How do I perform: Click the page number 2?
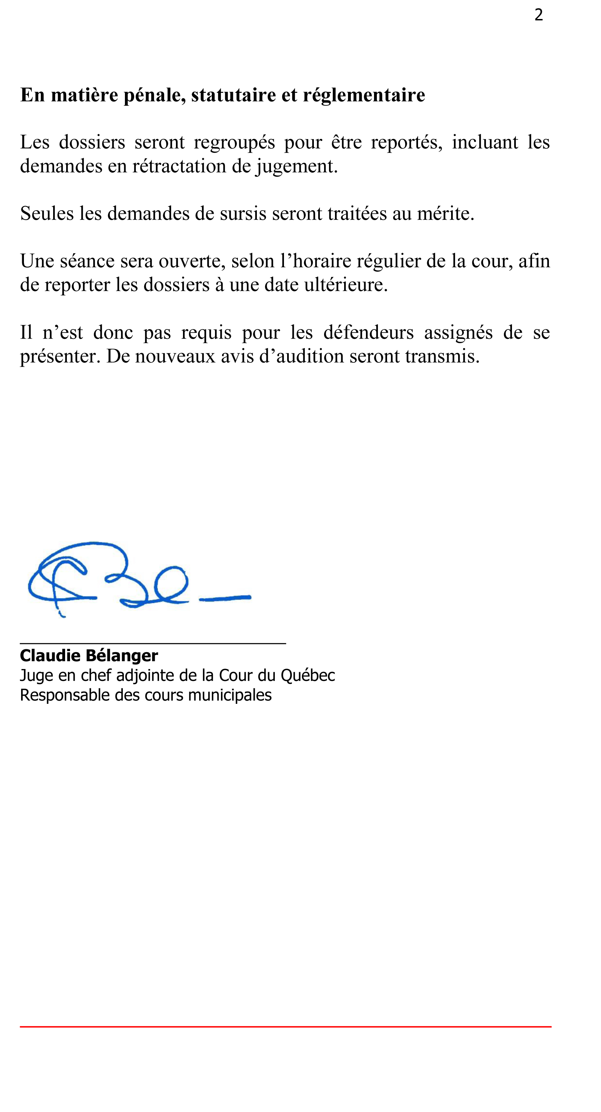coord(538,15)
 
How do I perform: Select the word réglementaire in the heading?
coord(364,95)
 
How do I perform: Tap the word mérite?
coord(445,213)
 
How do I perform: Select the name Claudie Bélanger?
coord(89,655)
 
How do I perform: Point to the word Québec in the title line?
coord(308,676)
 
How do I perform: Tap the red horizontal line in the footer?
coord(285,1027)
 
